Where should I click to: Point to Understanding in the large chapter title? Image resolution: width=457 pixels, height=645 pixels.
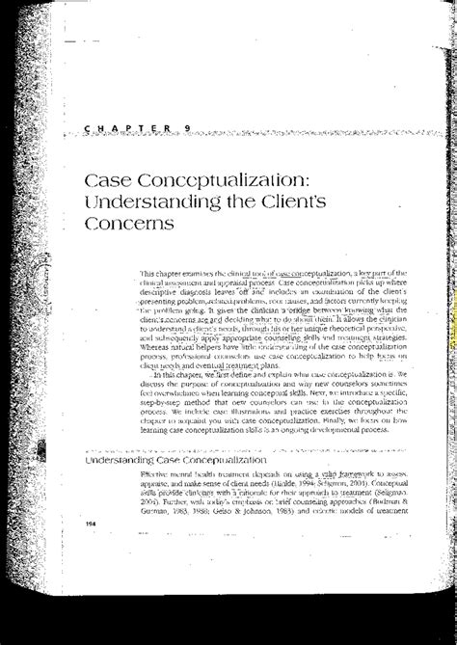tap(169, 203)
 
